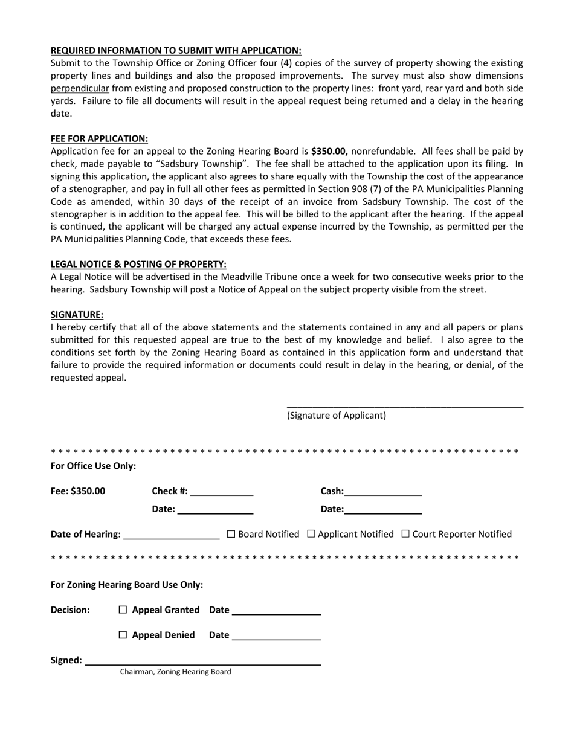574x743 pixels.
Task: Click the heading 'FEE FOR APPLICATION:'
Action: pyautogui.click(x=99, y=138)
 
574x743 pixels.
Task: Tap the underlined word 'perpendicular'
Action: pyautogui.click(x=80, y=88)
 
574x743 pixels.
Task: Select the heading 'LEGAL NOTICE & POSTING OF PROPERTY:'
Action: pyautogui.click(x=138, y=264)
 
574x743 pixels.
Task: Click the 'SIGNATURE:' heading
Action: pyautogui.click(x=77, y=314)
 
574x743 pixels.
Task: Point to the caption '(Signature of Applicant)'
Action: pyautogui.click(x=336, y=416)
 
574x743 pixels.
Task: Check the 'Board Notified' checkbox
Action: pyautogui.click(x=231, y=534)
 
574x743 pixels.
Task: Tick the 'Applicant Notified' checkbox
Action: pyautogui.click(x=311, y=534)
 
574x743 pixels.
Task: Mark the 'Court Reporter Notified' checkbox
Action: pyautogui.click(x=405, y=534)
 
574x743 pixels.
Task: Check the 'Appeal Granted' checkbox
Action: pyautogui.click(x=123, y=610)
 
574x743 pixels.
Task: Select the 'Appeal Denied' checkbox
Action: pyautogui.click(x=123, y=635)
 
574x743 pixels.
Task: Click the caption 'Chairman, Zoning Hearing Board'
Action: pyautogui.click(x=175, y=672)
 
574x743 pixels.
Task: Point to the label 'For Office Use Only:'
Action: pyautogui.click(x=93, y=466)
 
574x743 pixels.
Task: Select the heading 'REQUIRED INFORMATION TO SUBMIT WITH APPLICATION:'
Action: pyautogui.click(x=176, y=50)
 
